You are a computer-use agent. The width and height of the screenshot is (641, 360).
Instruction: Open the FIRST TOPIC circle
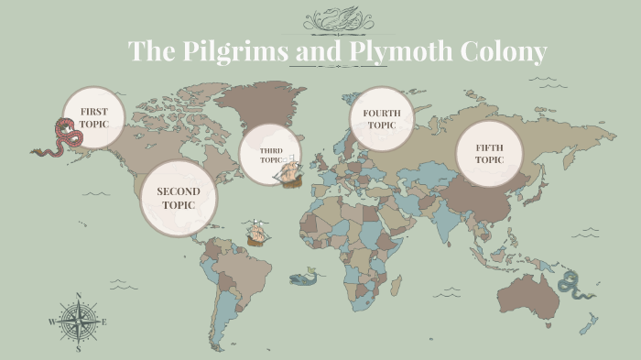(x=93, y=117)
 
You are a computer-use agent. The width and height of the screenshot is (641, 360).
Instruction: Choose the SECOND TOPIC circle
(x=179, y=198)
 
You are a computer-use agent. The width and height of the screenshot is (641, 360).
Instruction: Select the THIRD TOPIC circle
(x=269, y=154)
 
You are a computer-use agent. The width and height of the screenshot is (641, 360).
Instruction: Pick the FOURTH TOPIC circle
(x=382, y=118)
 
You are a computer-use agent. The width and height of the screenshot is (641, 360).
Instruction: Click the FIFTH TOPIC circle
(x=489, y=154)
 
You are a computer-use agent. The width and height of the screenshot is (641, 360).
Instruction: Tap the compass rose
(x=79, y=322)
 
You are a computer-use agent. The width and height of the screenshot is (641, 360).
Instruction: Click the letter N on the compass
(x=79, y=296)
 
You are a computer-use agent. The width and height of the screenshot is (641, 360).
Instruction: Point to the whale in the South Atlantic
(x=305, y=277)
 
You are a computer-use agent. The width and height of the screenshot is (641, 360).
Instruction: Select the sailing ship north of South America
(x=257, y=234)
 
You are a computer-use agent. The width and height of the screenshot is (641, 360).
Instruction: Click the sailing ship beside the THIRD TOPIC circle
(x=291, y=170)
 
